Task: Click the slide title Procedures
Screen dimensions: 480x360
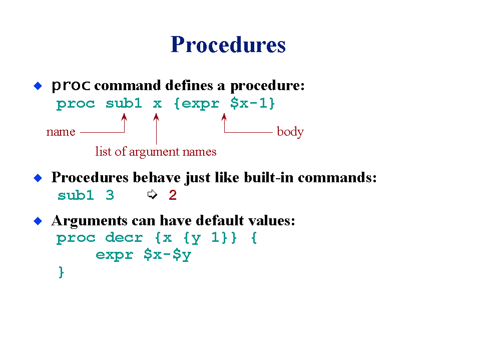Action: (228, 45)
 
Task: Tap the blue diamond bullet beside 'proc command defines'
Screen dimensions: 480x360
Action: (38, 86)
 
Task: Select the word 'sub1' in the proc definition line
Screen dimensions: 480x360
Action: (124, 103)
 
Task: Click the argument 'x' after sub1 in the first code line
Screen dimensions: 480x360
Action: (157, 104)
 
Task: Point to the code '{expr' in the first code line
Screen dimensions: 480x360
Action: (197, 104)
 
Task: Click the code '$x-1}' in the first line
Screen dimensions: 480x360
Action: (253, 104)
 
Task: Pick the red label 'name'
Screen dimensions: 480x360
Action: (61, 132)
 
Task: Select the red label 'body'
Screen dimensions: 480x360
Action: (290, 132)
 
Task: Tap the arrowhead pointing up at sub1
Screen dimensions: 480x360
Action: (124, 117)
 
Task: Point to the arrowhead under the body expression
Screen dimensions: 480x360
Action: (224, 117)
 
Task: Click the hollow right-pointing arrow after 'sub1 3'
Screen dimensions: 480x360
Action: (152, 194)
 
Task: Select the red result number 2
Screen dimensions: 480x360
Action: (173, 195)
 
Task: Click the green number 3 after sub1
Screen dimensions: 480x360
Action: (110, 195)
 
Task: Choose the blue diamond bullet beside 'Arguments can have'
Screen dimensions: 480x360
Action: (38, 221)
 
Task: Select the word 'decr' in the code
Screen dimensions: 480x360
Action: (124, 237)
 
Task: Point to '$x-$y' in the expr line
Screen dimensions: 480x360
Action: (168, 255)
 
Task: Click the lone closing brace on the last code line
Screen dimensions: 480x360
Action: (61, 272)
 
